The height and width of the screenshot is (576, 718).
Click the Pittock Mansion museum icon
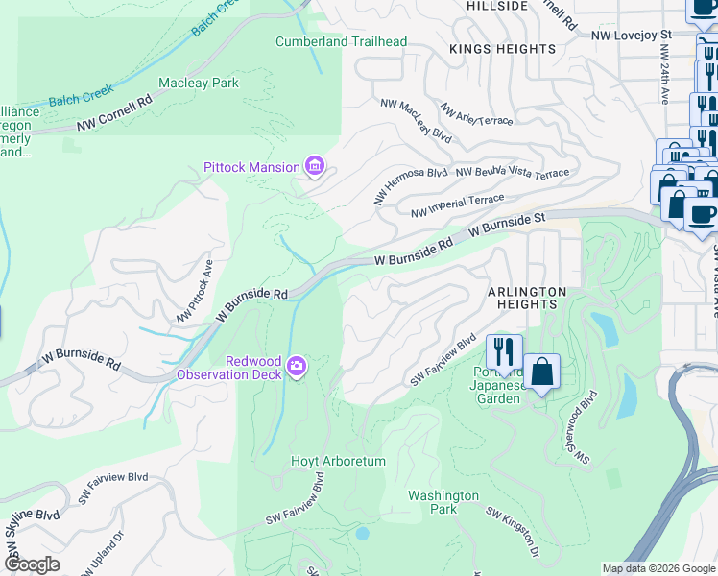(314, 167)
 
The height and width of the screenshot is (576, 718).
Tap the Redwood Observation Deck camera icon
(297, 366)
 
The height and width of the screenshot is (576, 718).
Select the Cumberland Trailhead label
(341, 41)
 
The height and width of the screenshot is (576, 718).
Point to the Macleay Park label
(199, 84)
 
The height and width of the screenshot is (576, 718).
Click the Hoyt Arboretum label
(338, 462)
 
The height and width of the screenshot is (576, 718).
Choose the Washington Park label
(443, 502)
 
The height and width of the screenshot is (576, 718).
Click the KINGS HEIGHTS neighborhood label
(503, 49)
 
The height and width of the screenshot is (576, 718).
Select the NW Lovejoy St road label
(628, 36)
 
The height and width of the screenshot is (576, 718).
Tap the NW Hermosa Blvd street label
(411, 185)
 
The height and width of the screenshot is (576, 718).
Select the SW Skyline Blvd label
(29, 522)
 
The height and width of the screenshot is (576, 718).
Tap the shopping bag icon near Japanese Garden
(541, 372)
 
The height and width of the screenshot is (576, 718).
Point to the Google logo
(33, 565)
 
